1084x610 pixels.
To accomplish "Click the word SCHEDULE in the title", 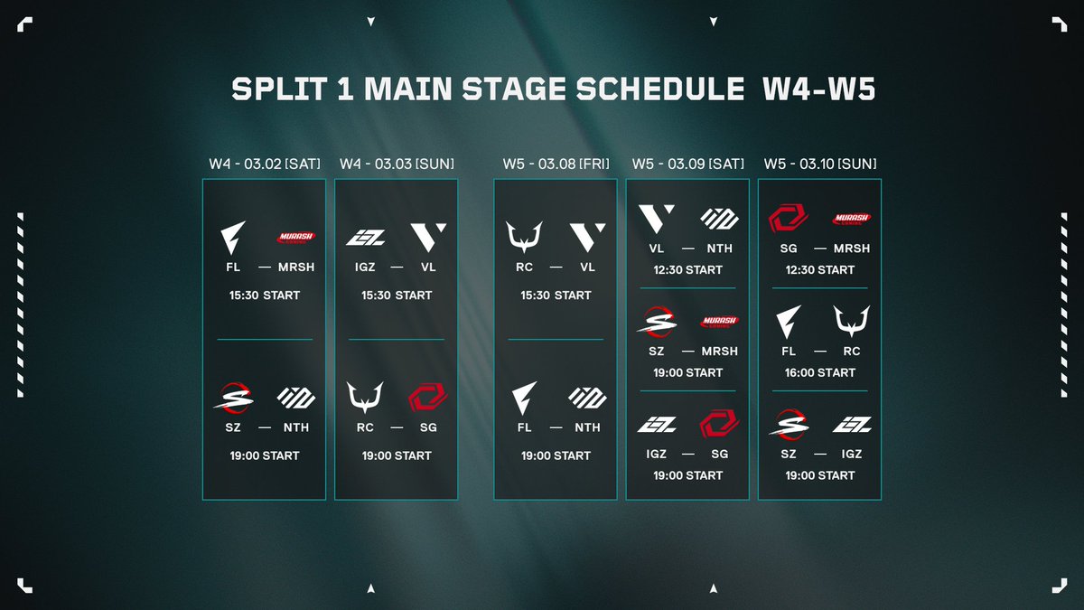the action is (660, 89).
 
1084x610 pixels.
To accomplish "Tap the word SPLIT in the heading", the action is (279, 89).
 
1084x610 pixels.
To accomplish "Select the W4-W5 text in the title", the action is (818, 89).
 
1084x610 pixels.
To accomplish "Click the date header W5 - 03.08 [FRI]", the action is (556, 164).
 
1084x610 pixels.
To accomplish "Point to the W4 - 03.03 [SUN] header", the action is (397, 164).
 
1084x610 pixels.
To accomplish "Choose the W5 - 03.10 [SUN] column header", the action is (820, 164).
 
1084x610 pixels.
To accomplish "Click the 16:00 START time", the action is (820, 372).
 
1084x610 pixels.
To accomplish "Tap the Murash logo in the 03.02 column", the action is (295, 237).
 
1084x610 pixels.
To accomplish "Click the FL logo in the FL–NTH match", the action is (524, 398).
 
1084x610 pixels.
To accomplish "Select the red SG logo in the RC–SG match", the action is (428, 398).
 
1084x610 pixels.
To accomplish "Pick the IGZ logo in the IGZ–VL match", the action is (365, 237).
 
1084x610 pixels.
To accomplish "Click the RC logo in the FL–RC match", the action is (852, 321).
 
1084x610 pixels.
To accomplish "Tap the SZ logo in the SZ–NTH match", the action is (233, 398).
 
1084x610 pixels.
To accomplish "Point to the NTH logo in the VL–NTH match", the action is (720, 219).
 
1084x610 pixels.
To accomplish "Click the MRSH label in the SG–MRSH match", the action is (852, 249).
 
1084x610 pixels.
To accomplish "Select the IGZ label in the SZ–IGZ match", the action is (852, 454).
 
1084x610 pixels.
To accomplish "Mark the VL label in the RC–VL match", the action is (587, 267).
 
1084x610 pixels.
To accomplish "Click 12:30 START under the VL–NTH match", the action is (687, 269).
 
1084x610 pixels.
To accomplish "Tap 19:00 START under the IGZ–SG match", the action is (687, 475).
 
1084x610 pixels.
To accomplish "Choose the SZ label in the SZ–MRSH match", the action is (656, 351).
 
